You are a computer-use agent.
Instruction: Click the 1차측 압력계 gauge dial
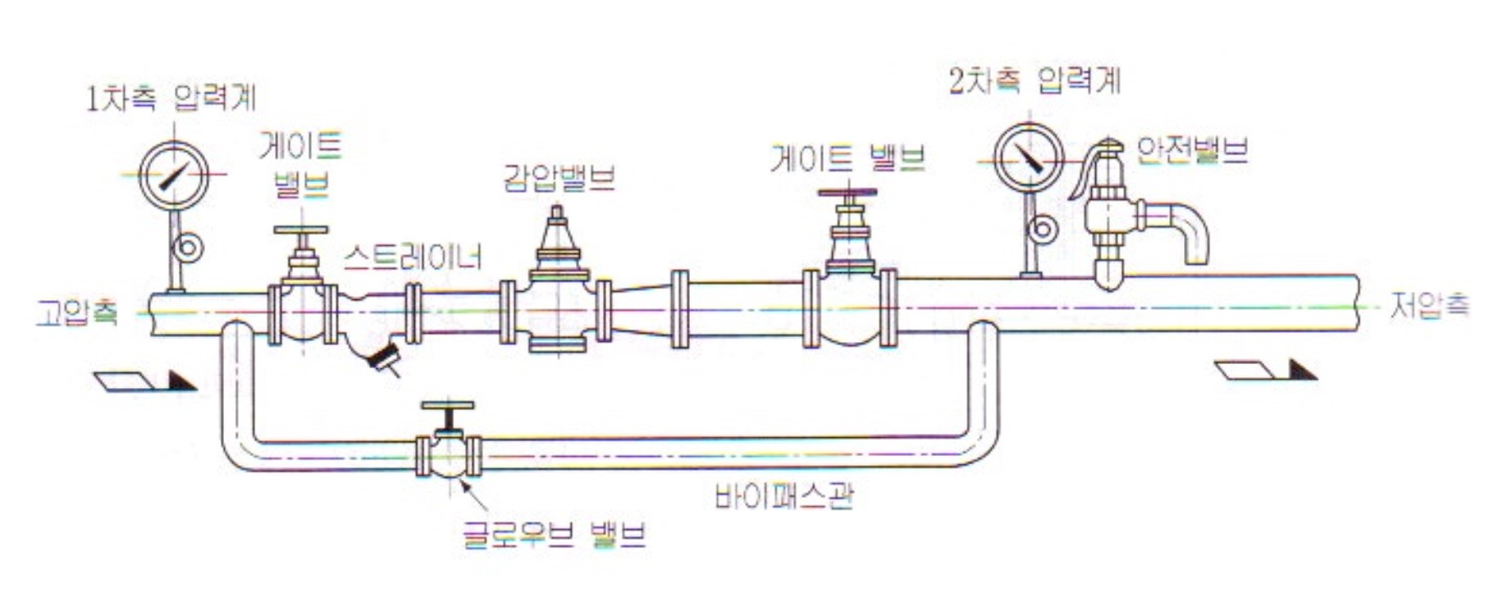(x=174, y=176)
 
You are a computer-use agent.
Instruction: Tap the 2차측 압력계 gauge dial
(x=1029, y=159)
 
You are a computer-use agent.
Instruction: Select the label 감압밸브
(x=559, y=178)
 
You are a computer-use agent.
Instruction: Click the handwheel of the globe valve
(x=447, y=406)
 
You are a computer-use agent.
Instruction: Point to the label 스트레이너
(x=413, y=258)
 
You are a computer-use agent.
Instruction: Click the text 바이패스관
(x=784, y=496)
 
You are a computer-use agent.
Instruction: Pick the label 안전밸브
(x=1191, y=150)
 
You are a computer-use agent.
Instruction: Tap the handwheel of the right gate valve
(x=847, y=194)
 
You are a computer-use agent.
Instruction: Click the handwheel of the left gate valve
(x=301, y=230)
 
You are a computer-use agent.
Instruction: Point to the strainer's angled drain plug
(x=384, y=358)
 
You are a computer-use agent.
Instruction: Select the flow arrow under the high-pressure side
(x=145, y=381)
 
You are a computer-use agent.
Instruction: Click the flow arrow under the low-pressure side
(x=1265, y=371)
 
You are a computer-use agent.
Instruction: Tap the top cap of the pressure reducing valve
(x=557, y=216)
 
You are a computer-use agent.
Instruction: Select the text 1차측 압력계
(x=171, y=98)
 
